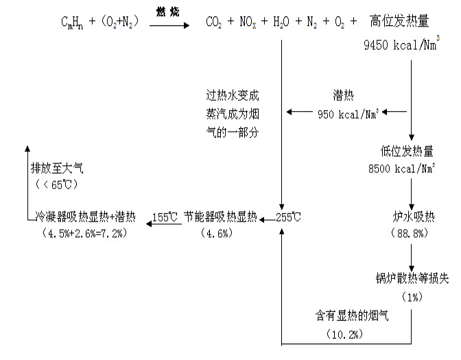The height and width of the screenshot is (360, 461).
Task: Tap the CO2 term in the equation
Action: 215,24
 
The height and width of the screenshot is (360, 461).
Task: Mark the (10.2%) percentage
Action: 344,334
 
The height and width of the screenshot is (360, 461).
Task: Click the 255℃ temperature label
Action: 289,217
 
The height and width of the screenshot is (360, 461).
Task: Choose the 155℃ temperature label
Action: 165,217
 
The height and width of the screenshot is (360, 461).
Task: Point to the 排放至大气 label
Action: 54,169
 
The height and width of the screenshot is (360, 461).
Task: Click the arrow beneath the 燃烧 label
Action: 169,25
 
